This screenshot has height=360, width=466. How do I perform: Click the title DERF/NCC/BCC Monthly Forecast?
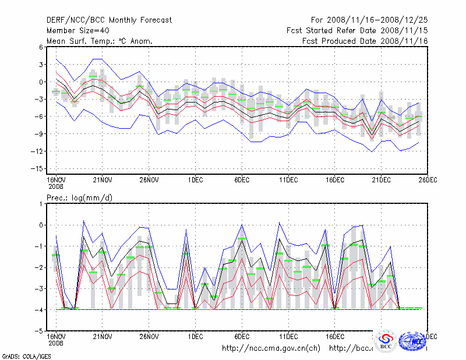[x=109, y=20]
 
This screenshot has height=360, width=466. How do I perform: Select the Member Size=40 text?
[x=79, y=31]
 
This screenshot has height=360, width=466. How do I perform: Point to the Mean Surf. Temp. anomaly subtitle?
[x=100, y=41]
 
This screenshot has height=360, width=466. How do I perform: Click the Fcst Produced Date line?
[x=365, y=41]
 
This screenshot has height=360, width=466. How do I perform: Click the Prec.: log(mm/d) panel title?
[x=80, y=198]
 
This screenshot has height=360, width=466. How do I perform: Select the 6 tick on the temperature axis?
[x=41, y=47]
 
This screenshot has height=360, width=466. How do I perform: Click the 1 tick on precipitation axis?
[x=41, y=204]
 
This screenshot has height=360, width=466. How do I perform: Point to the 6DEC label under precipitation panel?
[x=242, y=337]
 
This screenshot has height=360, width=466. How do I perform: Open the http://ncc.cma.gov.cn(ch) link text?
[x=271, y=348]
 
